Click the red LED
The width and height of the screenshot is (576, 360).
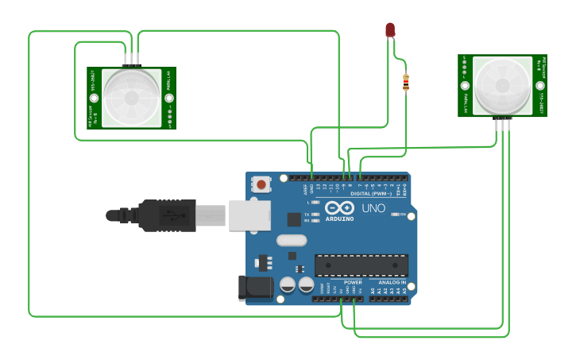pyautogui.click(x=390, y=30)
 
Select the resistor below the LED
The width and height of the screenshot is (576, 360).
pyautogui.click(x=407, y=82)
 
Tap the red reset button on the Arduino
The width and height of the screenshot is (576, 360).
pyautogui.click(x=261, y=185)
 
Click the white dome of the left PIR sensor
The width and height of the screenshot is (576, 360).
pyautogui.click(x=131, y=98)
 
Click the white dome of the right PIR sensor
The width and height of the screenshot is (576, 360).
pyautogui.click(x=502, y=84)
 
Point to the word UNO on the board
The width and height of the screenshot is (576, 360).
pyautogui.click(x=373, y=208)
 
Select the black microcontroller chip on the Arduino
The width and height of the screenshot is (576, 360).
pyautogui.click(x=361, y=265)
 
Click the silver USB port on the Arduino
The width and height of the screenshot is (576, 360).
pyautogui.click(x=249, y=215)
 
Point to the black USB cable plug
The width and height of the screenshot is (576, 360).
pyautogui.click(x=166, y=215)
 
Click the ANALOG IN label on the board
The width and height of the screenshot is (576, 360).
pyautogui.click(x=392, y=282)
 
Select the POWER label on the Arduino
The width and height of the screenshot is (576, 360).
pyautogui.click(x=353, y=282)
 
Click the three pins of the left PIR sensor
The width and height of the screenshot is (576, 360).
pyautogui.click(x=131, y=60)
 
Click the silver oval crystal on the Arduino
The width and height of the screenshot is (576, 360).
pyautogui.click(x=292, y=240)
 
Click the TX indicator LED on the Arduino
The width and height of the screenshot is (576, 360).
pyautogui.click(x=316, y=215)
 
